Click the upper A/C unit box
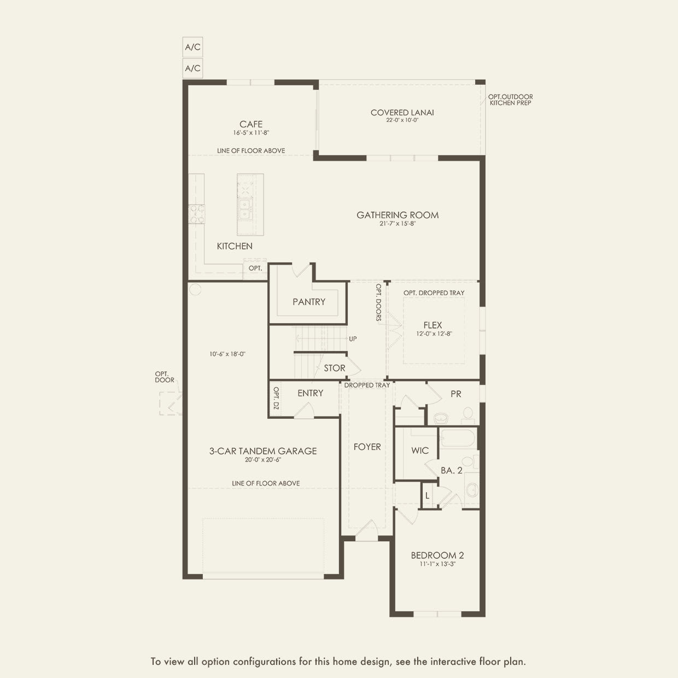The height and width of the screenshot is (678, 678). (x=192, y=47)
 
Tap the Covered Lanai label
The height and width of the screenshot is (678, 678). (x=402, y=113)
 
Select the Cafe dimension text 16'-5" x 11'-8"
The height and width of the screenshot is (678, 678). (x=251, y=133)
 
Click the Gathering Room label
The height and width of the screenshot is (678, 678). (x=398, y=215)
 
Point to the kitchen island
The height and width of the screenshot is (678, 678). (x=250, y=204)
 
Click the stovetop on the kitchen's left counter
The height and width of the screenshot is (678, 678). (x=196, y=214)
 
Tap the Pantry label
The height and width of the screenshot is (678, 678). (x=309, y=301)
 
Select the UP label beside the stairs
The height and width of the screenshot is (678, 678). (x=353, y=339)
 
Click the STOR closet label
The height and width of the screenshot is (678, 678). (x=334, y=368)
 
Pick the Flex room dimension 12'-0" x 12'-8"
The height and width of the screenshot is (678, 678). (x=434, y=334)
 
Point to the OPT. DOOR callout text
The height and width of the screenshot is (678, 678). (x=165, y=377)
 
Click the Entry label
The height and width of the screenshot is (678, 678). (x=311, y=393)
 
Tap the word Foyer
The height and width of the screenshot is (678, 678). (x=367, y=447)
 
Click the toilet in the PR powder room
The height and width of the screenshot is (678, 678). (x=468, y=414)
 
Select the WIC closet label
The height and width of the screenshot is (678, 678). (x=420, y=451)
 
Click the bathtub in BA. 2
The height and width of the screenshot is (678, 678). (x=458, y=439)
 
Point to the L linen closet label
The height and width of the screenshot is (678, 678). (x=427, y=496)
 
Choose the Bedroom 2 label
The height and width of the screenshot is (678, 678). (x=437, y=555)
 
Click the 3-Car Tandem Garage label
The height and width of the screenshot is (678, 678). (x=263, y=451)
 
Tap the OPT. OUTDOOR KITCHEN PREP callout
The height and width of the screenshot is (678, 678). (x=510, y=100)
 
